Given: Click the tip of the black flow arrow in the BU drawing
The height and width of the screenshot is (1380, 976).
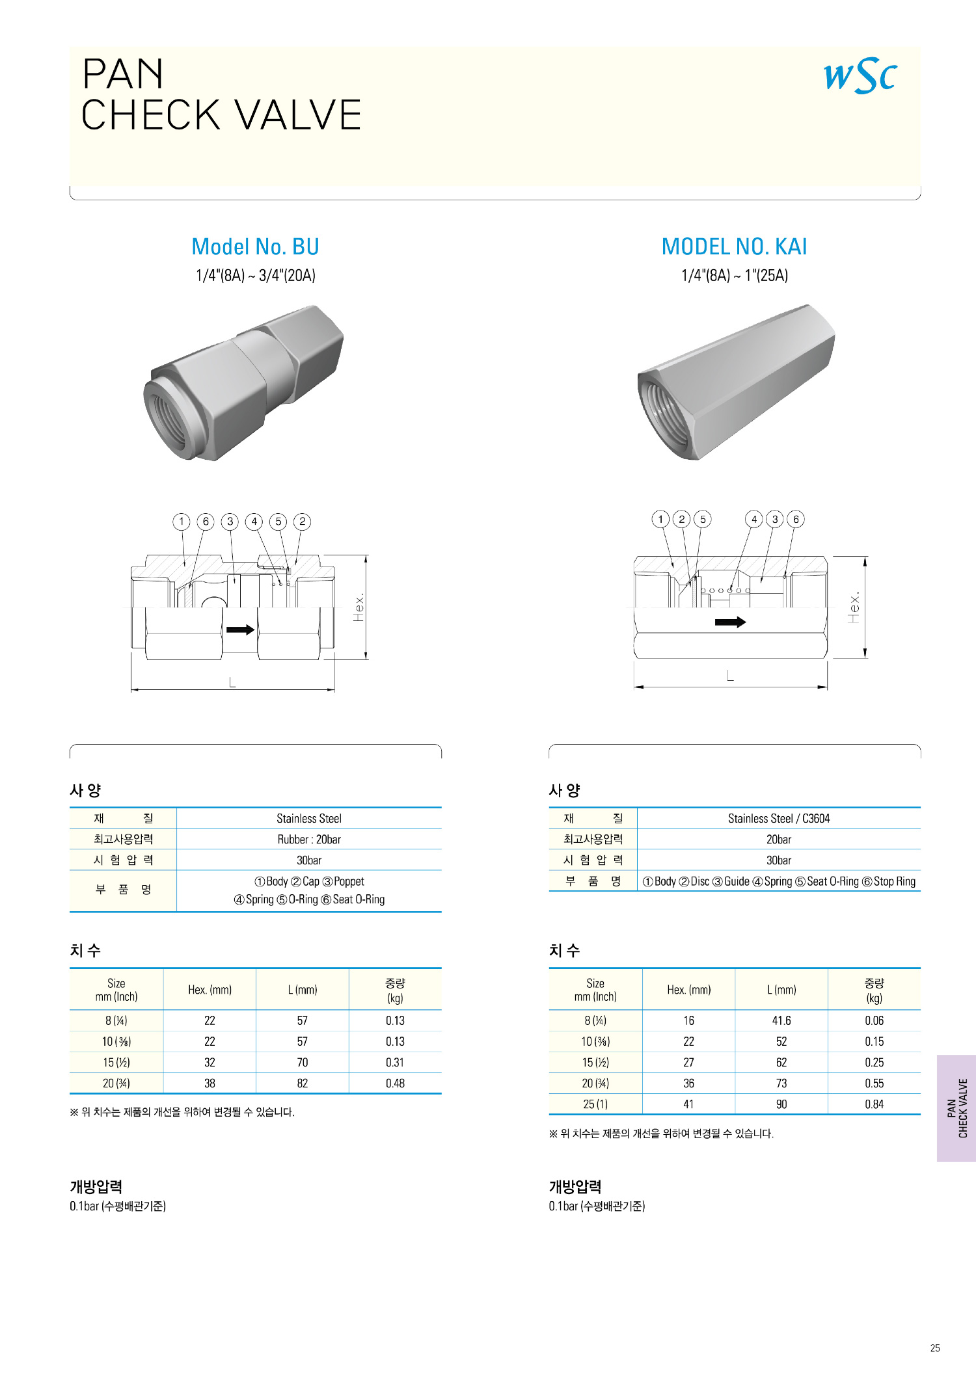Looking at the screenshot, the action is click(x=255, y=630).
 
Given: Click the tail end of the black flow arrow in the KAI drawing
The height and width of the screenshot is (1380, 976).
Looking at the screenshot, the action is click(x=715, y=622).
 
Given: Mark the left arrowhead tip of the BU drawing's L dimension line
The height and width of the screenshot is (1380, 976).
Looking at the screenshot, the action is click(x=131, y=689).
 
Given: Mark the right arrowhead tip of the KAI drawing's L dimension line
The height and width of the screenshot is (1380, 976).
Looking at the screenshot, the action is click(x=827, y=686).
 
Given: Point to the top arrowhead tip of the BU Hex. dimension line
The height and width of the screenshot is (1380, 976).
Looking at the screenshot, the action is click(x=366, y=555).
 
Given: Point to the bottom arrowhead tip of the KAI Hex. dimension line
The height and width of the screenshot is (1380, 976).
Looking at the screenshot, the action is click(x=865, y=658).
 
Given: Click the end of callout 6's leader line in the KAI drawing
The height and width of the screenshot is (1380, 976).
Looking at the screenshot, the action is click(x=785, y=577).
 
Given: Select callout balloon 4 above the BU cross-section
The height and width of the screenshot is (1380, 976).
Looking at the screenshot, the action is click(x=254, y=522).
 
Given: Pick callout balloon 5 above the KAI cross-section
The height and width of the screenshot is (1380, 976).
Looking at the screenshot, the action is click(x=703, y=519).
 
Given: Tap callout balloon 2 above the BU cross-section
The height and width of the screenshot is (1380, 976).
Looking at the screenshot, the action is click(x=302, y=522).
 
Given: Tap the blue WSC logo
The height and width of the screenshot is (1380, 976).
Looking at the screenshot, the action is click(x=860, y=75).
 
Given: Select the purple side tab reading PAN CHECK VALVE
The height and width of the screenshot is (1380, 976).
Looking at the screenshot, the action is click(x=956, y=1108).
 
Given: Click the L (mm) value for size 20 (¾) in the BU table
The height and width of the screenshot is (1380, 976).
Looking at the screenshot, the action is click(x=303, y=1083).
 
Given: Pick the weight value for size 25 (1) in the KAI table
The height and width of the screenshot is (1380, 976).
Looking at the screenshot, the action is click(x=874, y=1104).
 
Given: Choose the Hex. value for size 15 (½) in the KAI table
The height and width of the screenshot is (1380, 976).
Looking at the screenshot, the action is click(x=688, y=1063).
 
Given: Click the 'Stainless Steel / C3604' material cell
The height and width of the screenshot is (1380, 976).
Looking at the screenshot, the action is click(x=779, y=818).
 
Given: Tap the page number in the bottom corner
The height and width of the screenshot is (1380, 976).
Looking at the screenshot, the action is click(x=935, y=1348).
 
